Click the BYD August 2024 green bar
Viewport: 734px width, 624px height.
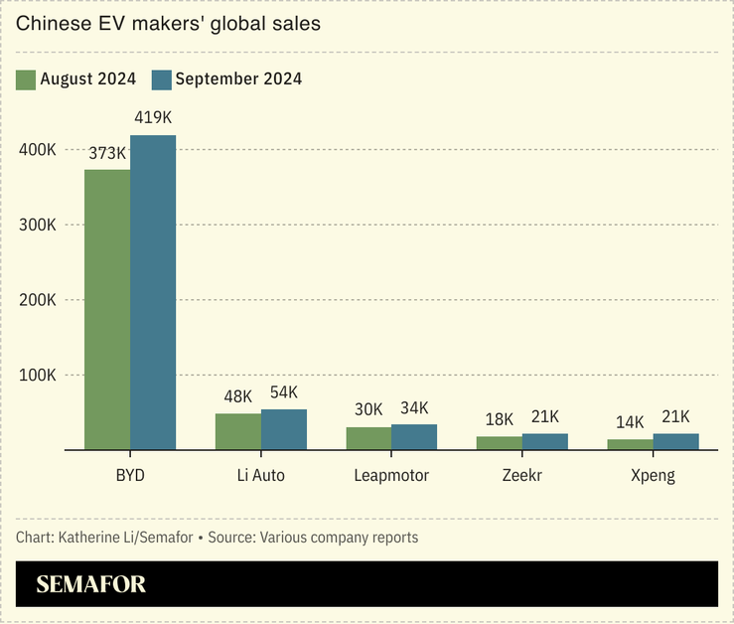pyautogui.click(x=107, y=309)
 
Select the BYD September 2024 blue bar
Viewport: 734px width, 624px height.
pyautogui.click(x=153, y=292)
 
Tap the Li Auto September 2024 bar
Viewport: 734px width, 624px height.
pyautogui.click(x=284, y=429)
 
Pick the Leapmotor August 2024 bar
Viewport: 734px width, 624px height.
pyautogui.click(x=368, y=438)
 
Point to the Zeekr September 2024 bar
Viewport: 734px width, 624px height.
pyautogui.click(x=545, y=441)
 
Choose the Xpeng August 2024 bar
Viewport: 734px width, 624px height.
pyautogui.click(x=630, y=444)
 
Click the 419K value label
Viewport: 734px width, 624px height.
pyautogui.click(x=153, y=118)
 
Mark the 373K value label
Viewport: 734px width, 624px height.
pyautogui.click(x=107, y=153)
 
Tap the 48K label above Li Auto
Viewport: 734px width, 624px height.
pyautogui.click(x=238, y=397)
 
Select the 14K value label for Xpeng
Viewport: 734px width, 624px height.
pyautogui.click(x=630, y=422)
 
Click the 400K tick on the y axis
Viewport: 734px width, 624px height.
pyautogui.click(x=37, y=150)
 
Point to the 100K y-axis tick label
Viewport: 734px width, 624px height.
pyautogui.click(x=37, y=376)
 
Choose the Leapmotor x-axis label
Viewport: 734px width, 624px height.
pyautogui.click(x=391, y=476)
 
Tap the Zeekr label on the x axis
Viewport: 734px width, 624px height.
pyautogui.click(x=522, y=476)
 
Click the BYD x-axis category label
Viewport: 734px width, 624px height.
pyautogui.click(x=130, y=476)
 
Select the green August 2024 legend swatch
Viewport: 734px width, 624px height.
pyautogui.click(x=26, y=79)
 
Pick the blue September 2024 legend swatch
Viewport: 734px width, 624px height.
pyautogui.click(x=161, y=79)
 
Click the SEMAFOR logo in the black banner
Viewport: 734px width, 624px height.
pyautogui.click(x=90, y=585)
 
